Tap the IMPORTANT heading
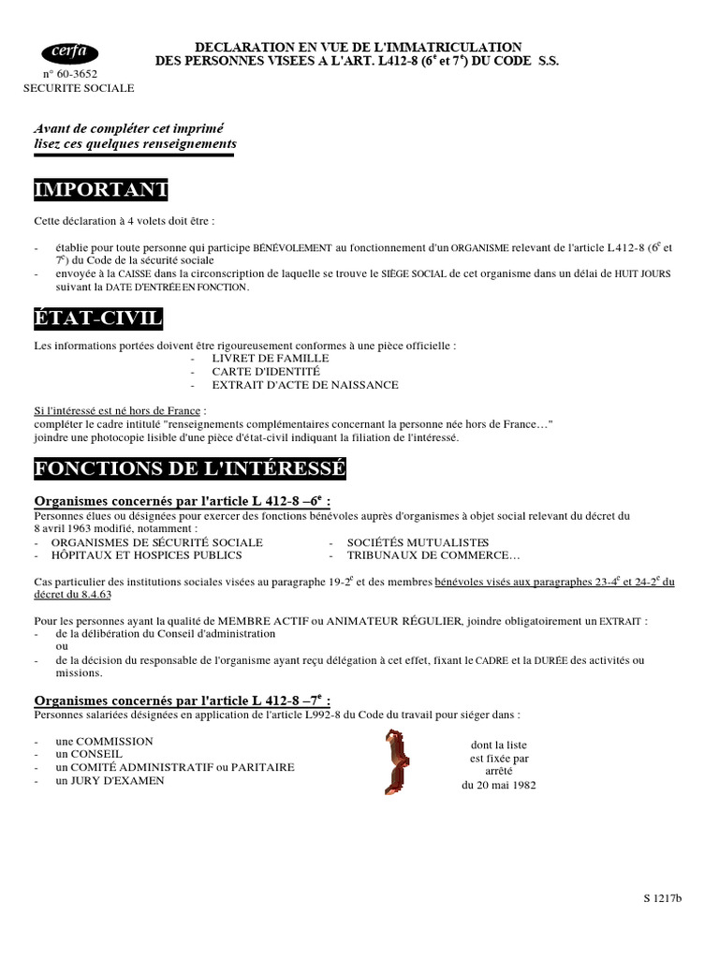point(101,190)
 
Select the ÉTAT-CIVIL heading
point(98,319)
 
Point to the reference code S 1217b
point(663,899)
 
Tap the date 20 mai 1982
point(499,785)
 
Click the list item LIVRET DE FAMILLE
point(271,358)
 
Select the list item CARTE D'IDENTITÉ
point(259,371)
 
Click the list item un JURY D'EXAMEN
point(110,780)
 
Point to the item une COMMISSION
point(104,741)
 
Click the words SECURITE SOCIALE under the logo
point(79,88)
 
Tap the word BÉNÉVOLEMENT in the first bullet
point(292,248)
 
